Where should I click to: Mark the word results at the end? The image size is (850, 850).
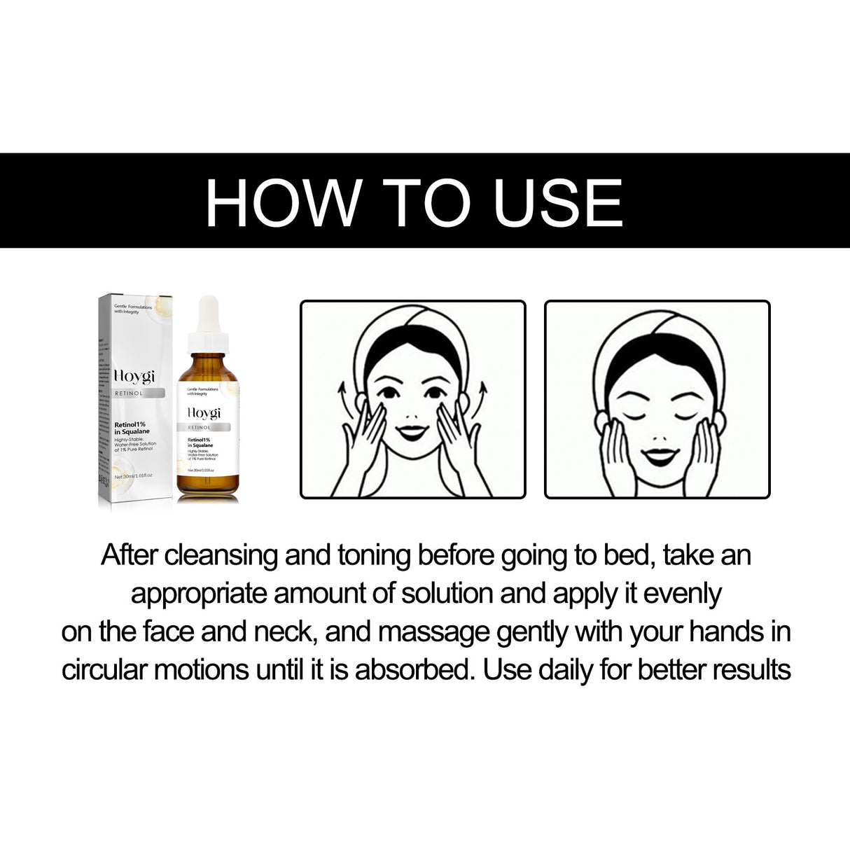pos(751,670)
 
